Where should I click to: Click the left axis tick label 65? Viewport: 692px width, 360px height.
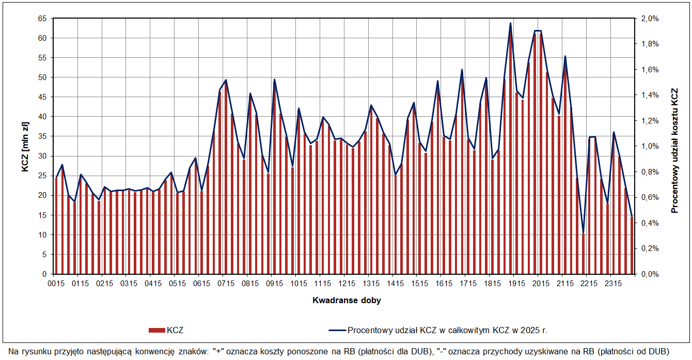pos(42,19)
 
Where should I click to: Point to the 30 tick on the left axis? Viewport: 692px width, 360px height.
pos(42,156)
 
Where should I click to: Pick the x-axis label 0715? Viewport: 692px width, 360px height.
pos(226,284)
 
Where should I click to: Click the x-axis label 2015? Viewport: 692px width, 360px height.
pos(540,284)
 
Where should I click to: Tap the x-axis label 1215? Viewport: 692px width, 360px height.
pos(347,284)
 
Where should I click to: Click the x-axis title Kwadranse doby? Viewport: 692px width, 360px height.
pos(347,300)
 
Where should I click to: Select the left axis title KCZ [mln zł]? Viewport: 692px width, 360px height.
pos(25,147)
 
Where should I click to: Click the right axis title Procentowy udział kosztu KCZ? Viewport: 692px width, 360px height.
pos(674,150)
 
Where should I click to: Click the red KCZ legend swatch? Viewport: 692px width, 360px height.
pos(156,330)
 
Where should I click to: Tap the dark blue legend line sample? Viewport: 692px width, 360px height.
pos(336,330)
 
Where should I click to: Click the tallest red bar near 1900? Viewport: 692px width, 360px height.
pos(511,155)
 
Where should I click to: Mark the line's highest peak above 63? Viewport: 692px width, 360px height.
pos(511,23)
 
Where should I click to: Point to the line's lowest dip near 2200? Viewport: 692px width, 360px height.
pos(583,233)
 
